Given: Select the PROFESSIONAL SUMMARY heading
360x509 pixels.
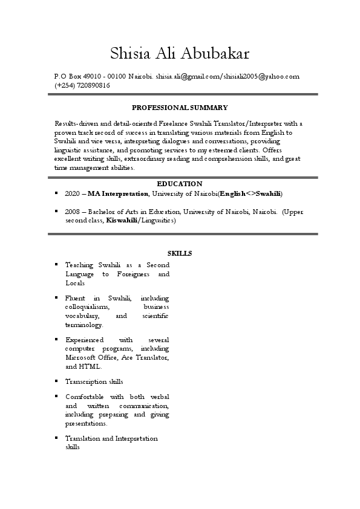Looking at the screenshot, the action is (180, 108).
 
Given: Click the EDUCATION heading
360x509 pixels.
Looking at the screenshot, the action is (180, 183).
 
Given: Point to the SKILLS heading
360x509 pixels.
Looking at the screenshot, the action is (180, 253).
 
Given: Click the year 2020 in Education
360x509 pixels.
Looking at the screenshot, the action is (72, 193).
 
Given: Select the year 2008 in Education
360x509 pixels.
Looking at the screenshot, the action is (72, 212).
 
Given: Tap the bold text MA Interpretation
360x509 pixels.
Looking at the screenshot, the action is (119, 193).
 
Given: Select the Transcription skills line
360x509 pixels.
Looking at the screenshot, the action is (94, 381).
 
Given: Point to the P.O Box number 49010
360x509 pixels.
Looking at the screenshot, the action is (90, 77).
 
